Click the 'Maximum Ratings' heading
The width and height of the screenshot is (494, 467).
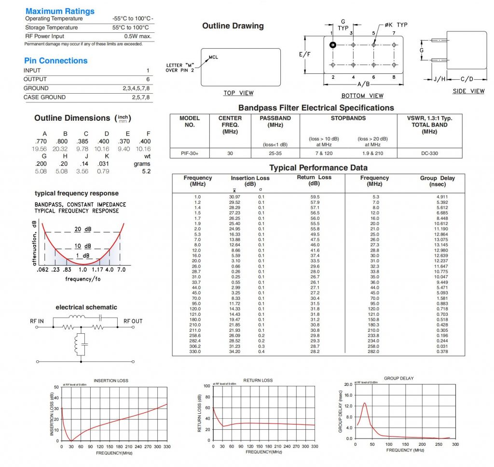(60, 11)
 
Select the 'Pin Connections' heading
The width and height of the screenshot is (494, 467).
(56, 60)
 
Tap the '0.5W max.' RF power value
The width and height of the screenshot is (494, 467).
(137, 36)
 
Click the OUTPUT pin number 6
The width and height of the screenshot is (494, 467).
(148, 79)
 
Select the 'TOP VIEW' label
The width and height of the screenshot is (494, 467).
(238, 93)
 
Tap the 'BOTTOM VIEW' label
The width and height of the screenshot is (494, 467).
(362, 96)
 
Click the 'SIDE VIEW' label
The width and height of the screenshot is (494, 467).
(468, 91)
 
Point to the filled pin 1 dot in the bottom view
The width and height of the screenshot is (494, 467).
(332, 45)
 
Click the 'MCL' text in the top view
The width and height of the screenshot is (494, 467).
(213, 57)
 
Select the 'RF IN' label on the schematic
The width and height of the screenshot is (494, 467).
(36, 321)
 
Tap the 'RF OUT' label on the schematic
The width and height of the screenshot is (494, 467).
(133, 321)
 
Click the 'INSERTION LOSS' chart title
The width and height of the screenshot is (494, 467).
(111, 381)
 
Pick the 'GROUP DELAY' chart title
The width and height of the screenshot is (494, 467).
(398, 378)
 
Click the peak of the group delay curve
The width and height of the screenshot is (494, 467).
(365, 403)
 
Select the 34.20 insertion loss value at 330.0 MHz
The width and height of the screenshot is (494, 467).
(234, 352)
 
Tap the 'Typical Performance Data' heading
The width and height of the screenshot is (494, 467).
(318, 168)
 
